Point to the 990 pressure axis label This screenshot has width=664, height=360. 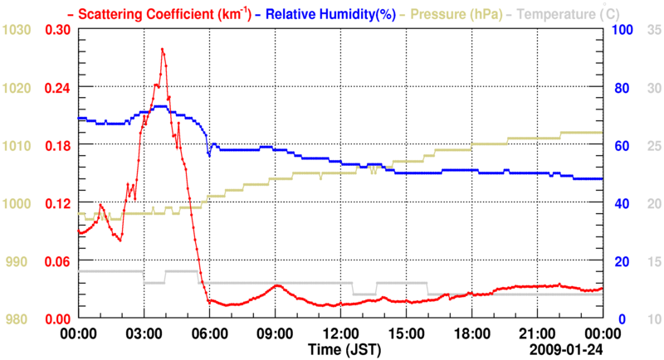tap(20, 261)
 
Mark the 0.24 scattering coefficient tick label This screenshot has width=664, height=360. tap(57, 87)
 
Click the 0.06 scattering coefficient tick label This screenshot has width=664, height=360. tap(57, 261)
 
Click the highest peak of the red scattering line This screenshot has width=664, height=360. tap(162, 49)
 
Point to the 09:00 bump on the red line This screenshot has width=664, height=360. tap(277, 286)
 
